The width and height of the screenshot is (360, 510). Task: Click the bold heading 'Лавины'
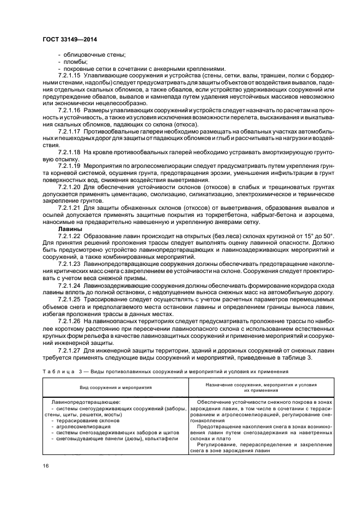point(69,229)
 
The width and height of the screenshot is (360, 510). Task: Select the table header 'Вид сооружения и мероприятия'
point(116,387)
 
